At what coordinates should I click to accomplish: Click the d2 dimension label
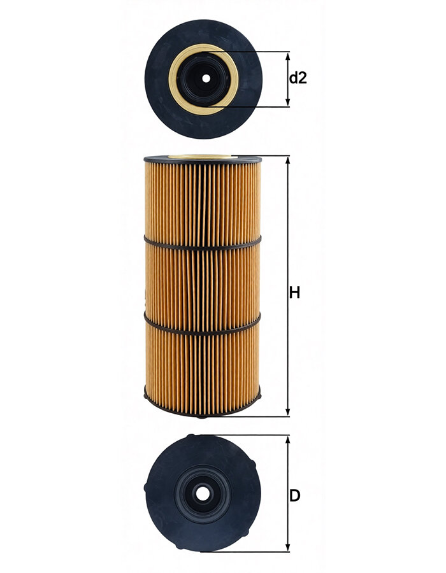tap(298, 78)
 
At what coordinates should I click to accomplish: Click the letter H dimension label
tap(294, 293)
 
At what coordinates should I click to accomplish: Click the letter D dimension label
tap(294, 495)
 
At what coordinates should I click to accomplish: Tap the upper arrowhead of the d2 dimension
tap(288, 56)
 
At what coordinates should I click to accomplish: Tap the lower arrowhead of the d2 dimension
tap(288, 103)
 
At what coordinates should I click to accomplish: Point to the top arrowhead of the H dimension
tap(288, 160)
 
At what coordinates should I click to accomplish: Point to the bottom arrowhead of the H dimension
tap(288, 411)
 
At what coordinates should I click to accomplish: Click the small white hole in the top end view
tap(206, 78)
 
